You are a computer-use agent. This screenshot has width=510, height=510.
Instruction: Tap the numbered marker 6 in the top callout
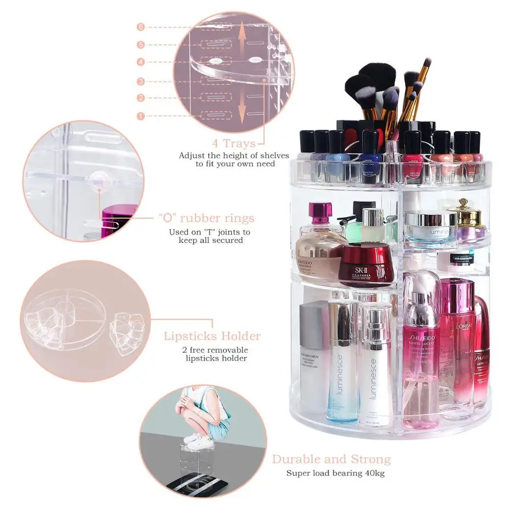click(141, 27)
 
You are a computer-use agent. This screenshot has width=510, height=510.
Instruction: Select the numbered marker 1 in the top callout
click(141, 116)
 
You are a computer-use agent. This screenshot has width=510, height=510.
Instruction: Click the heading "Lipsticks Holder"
click(212, 336)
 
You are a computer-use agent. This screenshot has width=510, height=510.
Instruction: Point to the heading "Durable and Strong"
click(331, 459)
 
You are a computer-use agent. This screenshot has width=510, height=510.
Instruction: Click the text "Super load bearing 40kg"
click(335, 473)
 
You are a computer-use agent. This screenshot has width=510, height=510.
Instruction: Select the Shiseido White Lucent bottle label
click(421, 352)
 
